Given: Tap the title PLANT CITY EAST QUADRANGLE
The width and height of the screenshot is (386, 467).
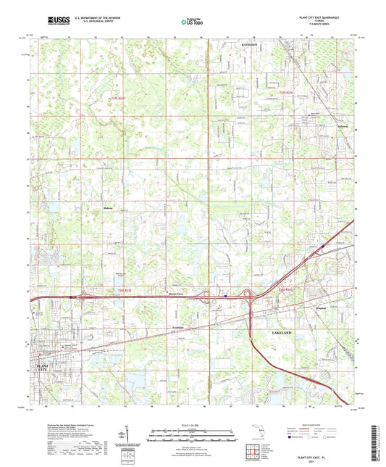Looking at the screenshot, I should (x=315, y=15).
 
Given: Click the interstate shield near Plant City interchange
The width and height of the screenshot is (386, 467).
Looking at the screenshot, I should (x=71, y=296).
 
